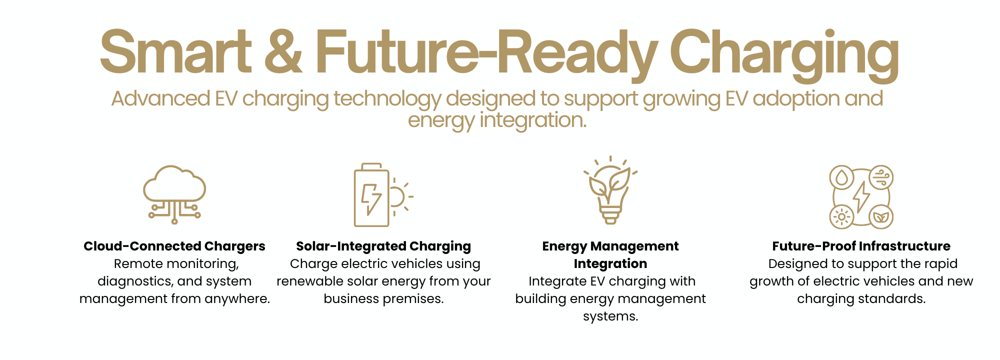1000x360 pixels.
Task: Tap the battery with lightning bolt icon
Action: [371, 195]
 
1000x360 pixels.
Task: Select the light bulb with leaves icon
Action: [610, 190]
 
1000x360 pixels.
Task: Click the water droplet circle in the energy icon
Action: [842, 177]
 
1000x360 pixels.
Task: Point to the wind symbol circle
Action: [881, 177]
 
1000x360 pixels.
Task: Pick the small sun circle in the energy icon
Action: [842, 216]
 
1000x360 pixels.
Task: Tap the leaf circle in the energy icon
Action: [881, 216]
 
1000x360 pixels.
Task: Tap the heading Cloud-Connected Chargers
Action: [174, 246]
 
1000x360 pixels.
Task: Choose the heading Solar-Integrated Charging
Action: [383, 246]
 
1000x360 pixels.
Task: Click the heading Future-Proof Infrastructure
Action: [861, 246]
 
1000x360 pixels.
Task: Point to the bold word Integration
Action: [610, 264]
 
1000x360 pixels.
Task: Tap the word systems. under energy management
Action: [610, 316]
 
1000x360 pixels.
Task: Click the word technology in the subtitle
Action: [387, 99]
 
